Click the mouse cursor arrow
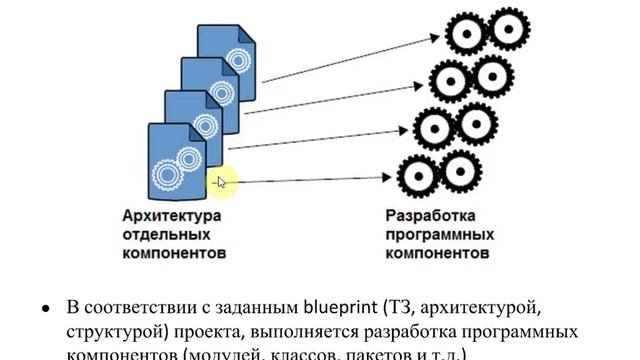pyautogui.click(x=222, y=181)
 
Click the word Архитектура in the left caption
pyautogui.click(x=170, y=216)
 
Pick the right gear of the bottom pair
pyautogui.click(x=458, y=166)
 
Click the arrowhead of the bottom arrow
pyautogui.click(x=391, y=181)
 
